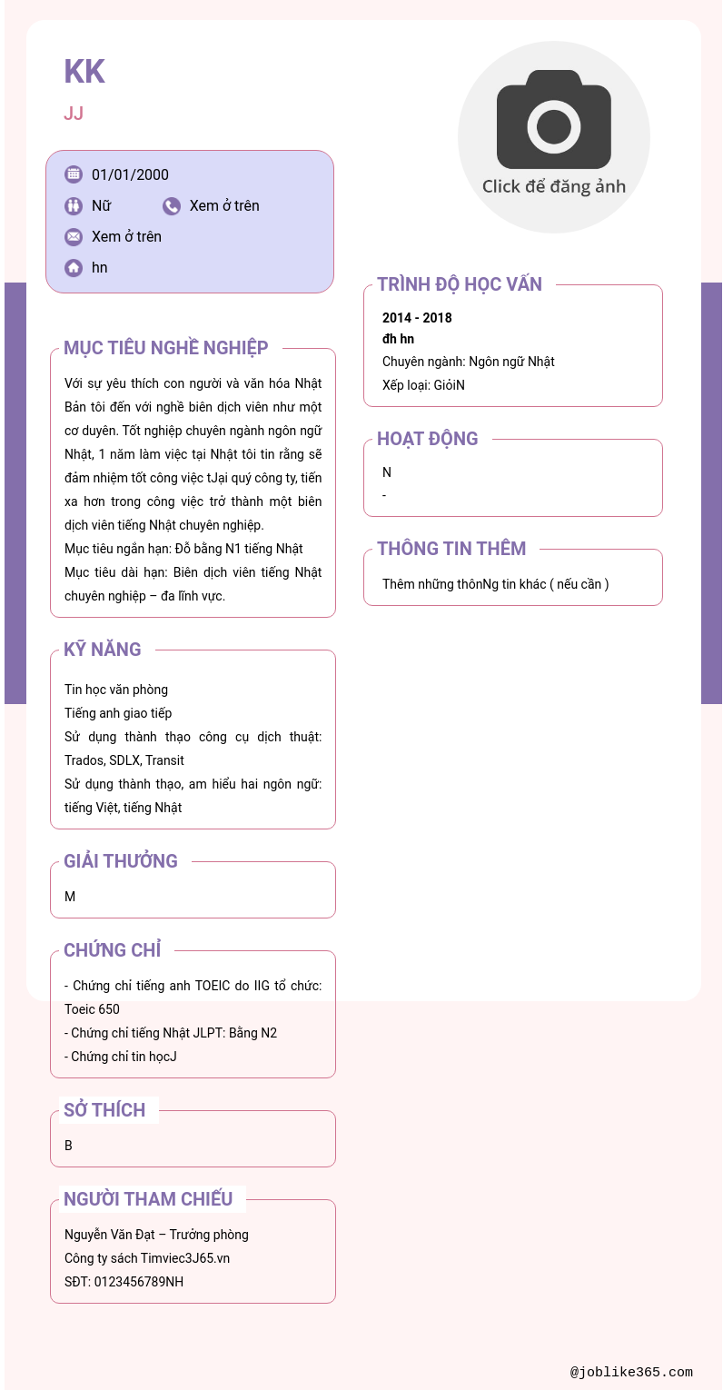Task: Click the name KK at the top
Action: tap(84, 72)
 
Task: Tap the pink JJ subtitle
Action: tap(74, 114)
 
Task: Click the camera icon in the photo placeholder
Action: tap(553, 120)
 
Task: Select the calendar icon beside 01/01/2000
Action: tap(74, 174)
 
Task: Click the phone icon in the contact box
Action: tap(172, 206)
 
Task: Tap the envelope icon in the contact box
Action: tap(74, 237)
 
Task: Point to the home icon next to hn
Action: tap(74, 268)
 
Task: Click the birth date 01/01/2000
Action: tap(130, 175)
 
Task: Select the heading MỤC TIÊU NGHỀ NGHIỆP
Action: tap(166, 348)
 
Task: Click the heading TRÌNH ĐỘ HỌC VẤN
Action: tap(460, 284)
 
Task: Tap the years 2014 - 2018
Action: tap(417, 318)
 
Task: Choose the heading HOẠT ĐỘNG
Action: tap(427, 439)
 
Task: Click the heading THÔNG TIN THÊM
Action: tap(451, 549)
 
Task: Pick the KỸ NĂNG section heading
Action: tap(103, 650)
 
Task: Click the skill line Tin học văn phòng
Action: tap(116, 690)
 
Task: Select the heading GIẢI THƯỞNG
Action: tap(121, 861)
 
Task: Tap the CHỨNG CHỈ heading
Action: tap(113, 950)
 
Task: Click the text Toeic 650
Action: tap(92, 1009)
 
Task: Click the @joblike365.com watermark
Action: tap(631, 1373)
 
